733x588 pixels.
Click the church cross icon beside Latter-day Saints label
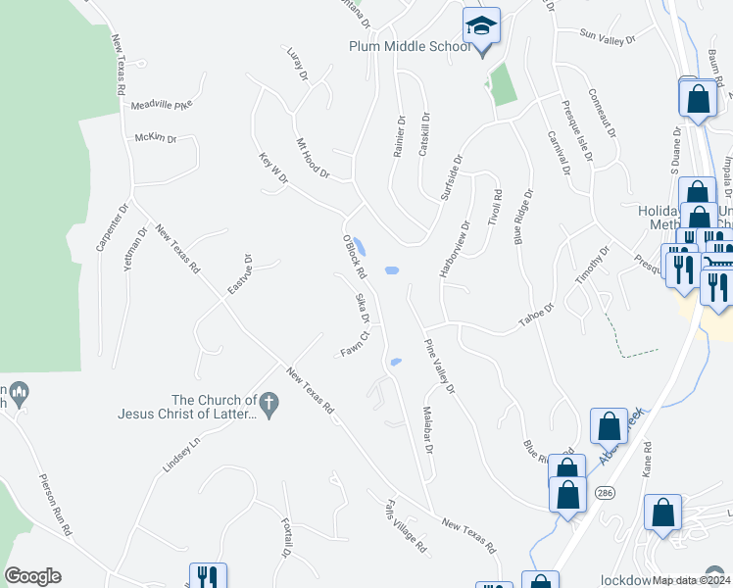[269, 400]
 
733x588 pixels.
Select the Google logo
[32, 576]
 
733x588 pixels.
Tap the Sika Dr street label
[363, 308]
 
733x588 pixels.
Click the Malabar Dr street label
[427, 428]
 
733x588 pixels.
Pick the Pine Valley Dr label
[439, 367]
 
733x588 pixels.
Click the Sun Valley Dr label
[608, 38]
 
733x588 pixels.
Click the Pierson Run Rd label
[55, 505]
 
